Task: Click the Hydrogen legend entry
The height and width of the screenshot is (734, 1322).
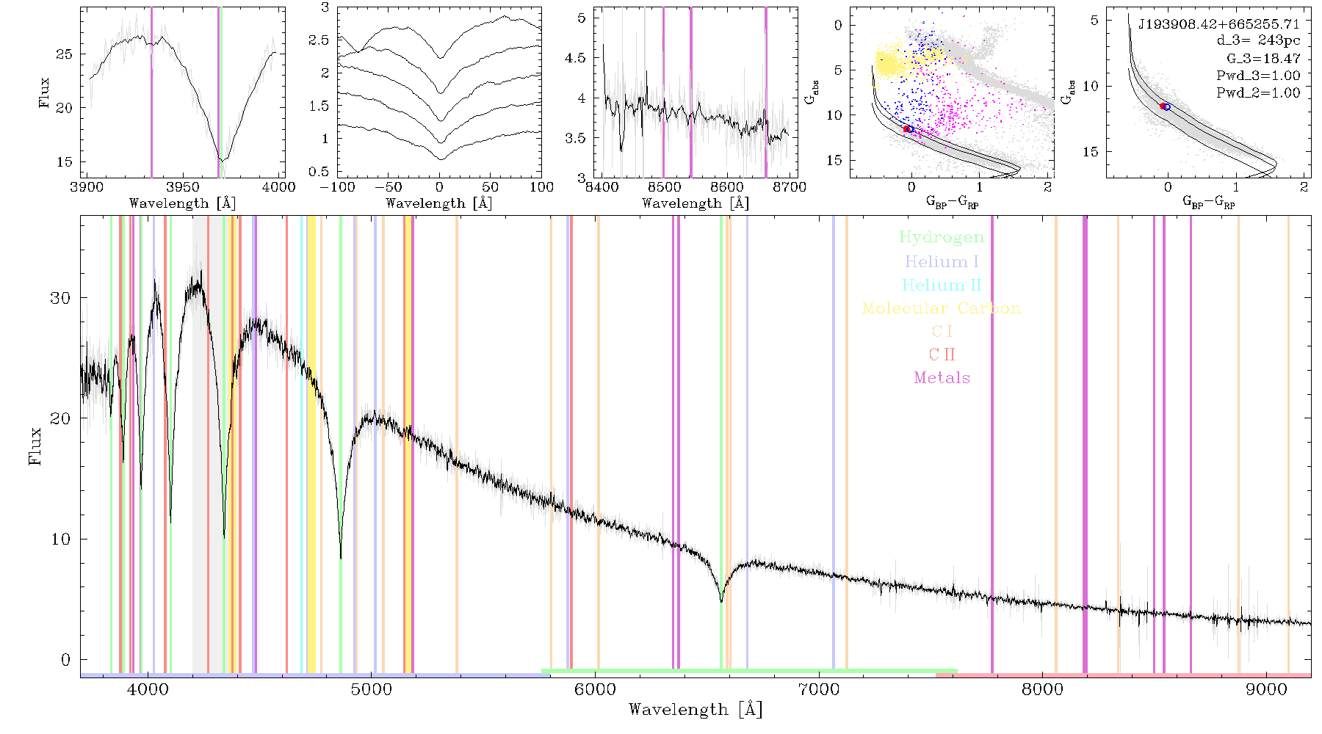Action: coord(942,238)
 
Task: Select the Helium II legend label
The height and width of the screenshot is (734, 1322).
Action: coord(942,285)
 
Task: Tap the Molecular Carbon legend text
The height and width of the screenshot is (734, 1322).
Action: coord(942,308)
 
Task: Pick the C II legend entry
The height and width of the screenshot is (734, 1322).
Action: coord(942,355)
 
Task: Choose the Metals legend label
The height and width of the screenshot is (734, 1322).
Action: coord(942,378)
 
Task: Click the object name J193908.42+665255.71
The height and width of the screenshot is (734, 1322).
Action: coord(1219,24)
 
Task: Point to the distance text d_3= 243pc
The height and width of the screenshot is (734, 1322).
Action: coord(1258,41)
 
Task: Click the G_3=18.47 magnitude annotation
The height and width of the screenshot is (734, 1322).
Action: coord(1263,58)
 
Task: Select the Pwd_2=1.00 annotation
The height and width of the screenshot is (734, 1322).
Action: coord(1258,92)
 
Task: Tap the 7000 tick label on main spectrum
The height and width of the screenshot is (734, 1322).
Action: coord(818,690)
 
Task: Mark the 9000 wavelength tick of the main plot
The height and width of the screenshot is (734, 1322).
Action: coord(1266,690)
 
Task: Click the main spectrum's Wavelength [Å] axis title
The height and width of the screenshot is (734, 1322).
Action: coord(696,709)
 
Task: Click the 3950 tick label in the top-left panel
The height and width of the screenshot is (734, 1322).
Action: coord(182,186)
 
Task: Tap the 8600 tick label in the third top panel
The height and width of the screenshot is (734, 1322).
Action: coord(727,186)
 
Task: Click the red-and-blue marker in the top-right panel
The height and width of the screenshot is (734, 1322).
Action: coord(1165,106)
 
